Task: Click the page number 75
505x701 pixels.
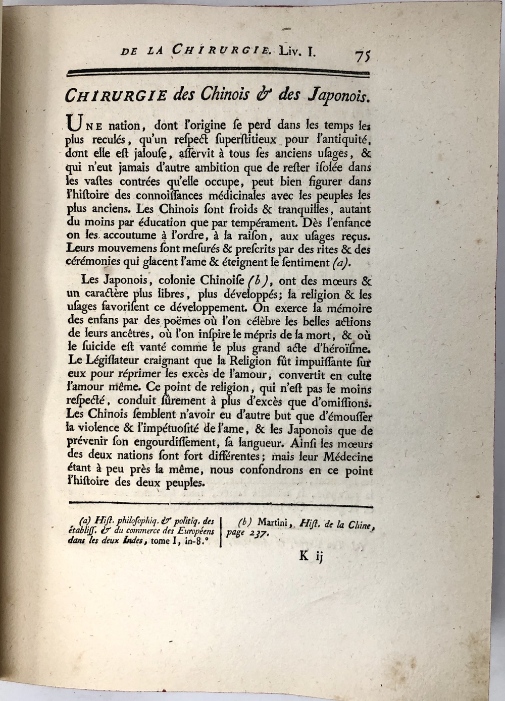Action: pyautogui.click(x=363, y=55)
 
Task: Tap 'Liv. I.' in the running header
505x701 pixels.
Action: pyautogui.click(x=298, y=50)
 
